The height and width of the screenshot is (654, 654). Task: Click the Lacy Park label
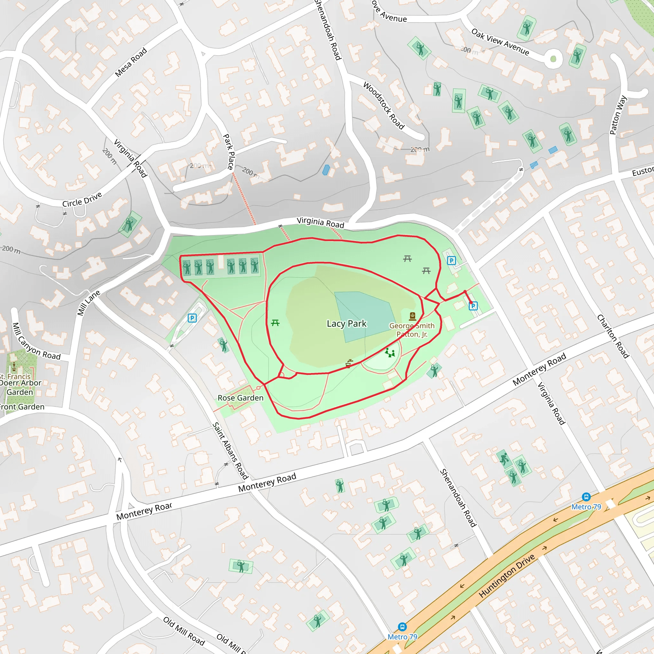coord(346,323)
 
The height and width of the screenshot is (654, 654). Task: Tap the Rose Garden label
coord(240,398)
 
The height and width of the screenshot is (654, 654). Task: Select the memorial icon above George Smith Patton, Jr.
coord(412,316)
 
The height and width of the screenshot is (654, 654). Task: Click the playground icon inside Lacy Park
coord(390,353)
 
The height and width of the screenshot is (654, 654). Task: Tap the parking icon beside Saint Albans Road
coord(192,318)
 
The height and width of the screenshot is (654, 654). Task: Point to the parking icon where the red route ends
coord(473,306)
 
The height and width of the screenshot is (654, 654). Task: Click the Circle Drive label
coord(82,200)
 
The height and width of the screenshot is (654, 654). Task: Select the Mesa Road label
coord(131,62)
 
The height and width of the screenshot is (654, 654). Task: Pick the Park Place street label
coord(229,152)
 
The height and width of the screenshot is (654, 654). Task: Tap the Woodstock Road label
coord(384,106)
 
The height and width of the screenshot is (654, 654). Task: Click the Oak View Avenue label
coord(500,42)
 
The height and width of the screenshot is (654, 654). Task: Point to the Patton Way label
coord(618,115)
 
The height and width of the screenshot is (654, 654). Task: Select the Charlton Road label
coord(613,336)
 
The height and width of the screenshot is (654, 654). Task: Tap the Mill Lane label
coord(89,303)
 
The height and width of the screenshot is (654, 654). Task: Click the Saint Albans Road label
coord(230,451)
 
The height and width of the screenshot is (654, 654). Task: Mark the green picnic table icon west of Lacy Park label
coord(275,323)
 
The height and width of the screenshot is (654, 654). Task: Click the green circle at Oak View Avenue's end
coord(553,59)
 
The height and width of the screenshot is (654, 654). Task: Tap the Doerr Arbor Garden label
coord(20,387)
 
